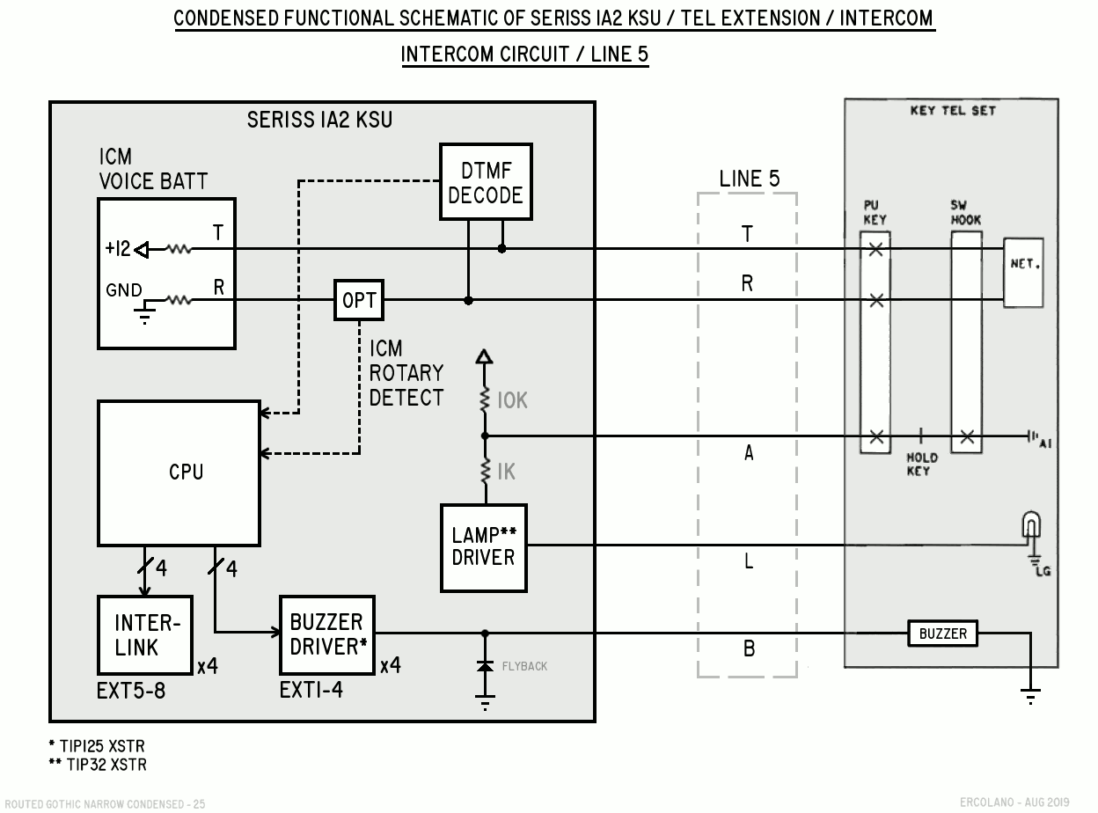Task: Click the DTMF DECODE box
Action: point(486,182)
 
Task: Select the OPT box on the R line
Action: point(359,300)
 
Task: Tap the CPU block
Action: point(179,473)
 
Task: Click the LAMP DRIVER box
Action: point(484,547)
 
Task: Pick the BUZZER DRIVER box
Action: point(326,634)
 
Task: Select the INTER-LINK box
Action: point(145,634)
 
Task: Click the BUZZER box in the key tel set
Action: point(942,634)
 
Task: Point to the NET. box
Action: point(1023,273)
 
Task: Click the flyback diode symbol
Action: point(485,666)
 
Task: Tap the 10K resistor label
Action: point(512,400)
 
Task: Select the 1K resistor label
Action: point(507,472)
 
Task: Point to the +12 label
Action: point(117,248)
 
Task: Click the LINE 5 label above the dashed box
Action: point(749,179)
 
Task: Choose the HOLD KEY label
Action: point(922,464)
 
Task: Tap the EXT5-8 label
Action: point(131,691)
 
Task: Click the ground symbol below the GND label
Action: point(144,315)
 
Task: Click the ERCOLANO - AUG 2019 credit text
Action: point(1014,802)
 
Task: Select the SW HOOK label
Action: point(965,212)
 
